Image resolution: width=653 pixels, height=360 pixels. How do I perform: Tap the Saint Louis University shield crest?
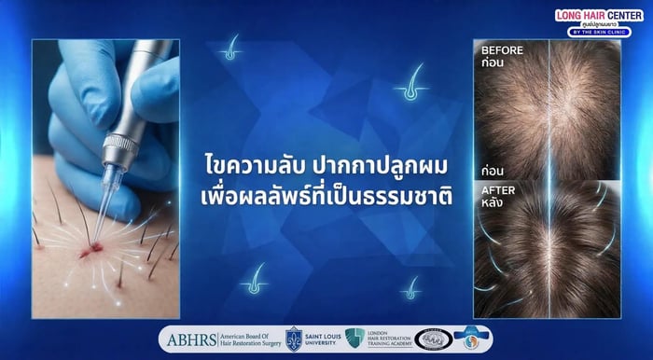pos(294,339)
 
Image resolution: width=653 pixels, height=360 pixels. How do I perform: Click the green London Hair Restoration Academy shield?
pos(354,339)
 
